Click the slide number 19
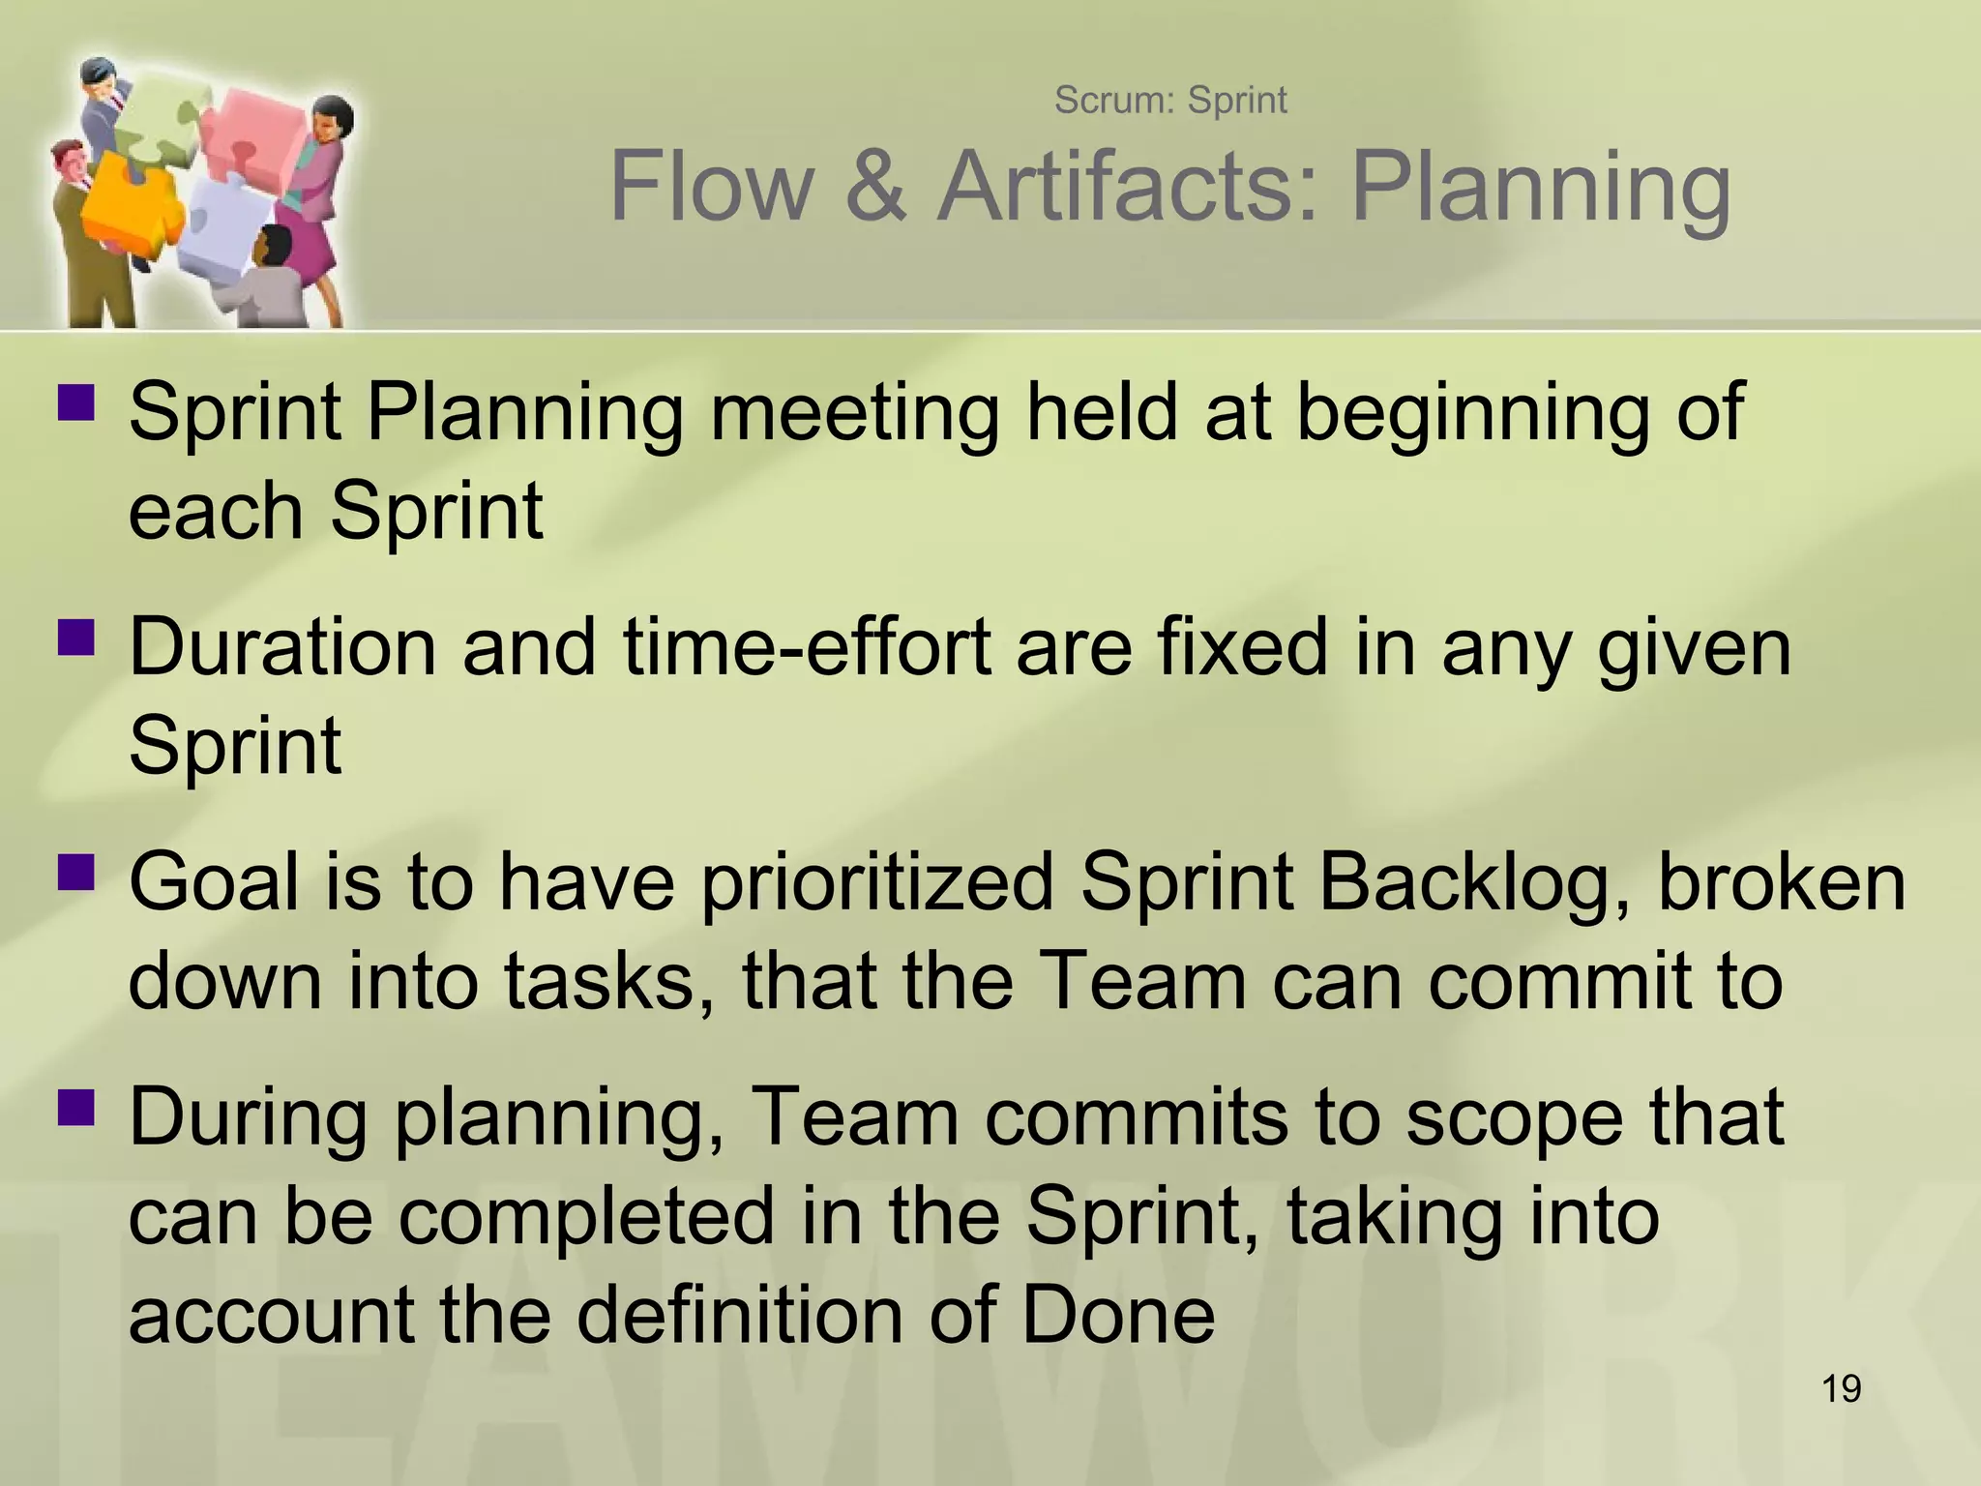click(1841, 1389)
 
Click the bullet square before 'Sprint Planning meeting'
click(76, 403)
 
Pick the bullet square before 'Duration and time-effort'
click(76, 638)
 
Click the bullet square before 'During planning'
click(76, 1107)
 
